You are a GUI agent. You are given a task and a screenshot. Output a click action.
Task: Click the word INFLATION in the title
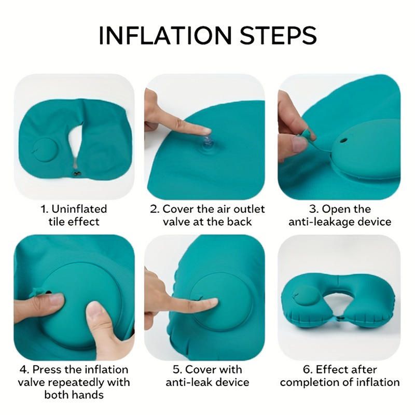(165, 35)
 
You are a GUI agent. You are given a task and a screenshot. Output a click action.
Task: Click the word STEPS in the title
(278, 35)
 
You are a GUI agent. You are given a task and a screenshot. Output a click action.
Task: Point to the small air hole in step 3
(343, 140)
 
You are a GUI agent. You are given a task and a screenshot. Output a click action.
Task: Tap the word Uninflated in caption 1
(79, 209)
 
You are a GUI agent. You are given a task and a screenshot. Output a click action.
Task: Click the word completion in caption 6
(315, 382)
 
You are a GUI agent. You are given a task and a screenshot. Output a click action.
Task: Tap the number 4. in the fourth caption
(24, 369)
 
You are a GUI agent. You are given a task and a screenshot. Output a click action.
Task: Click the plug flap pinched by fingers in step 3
(307, 135)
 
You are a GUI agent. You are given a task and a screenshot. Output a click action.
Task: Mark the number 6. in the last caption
(308, 369)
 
